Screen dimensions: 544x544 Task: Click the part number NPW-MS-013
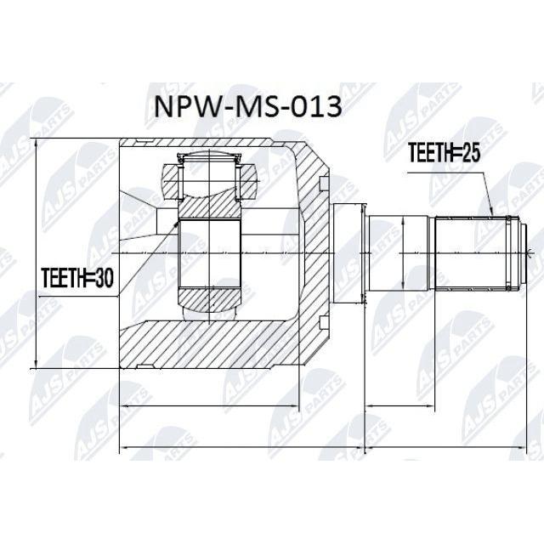tap(247, 106)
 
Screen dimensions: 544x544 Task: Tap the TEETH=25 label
tap(444, 153)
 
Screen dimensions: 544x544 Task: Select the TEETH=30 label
tap(77, 278)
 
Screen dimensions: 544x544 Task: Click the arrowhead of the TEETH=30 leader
tap(176, 224)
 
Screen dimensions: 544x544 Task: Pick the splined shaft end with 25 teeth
tap(470, 253)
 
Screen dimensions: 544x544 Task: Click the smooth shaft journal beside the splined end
tap(398, 253)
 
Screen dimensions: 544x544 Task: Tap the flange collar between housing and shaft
tap(347, 253)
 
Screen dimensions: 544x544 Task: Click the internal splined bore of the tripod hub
tap(210, 253)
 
